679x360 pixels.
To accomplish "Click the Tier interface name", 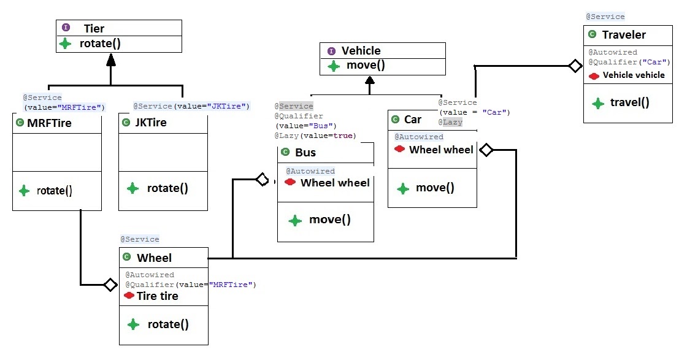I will click(94, 28).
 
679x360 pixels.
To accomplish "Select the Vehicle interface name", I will click(361, 51).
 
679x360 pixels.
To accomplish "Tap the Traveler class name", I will click(624, 35).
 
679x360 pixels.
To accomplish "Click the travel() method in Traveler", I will click(629, 102).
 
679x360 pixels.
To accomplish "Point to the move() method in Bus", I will click(329, 220).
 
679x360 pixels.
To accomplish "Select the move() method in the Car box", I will click(435, 188).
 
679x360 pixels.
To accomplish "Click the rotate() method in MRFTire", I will click(54, 190).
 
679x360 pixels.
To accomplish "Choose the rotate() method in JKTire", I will click(167, 188).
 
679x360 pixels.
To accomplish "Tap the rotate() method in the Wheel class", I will click(167, 324).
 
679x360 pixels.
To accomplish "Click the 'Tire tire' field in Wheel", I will click(157, 296).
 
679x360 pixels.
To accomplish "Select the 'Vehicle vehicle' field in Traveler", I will click(633, 75).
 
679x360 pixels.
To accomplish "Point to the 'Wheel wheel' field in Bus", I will click(335, 183).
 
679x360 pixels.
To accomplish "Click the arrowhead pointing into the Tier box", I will click(110, 59).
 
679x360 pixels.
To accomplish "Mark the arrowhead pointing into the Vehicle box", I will click(369, 80).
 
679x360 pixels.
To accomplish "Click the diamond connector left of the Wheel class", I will click(110, 285).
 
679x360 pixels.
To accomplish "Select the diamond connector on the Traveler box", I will click(575, 66).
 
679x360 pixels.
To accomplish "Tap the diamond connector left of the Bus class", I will click(262, 179).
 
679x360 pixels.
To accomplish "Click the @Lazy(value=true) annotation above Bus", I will click(316, 136).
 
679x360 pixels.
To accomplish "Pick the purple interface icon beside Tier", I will click(66, 28).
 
